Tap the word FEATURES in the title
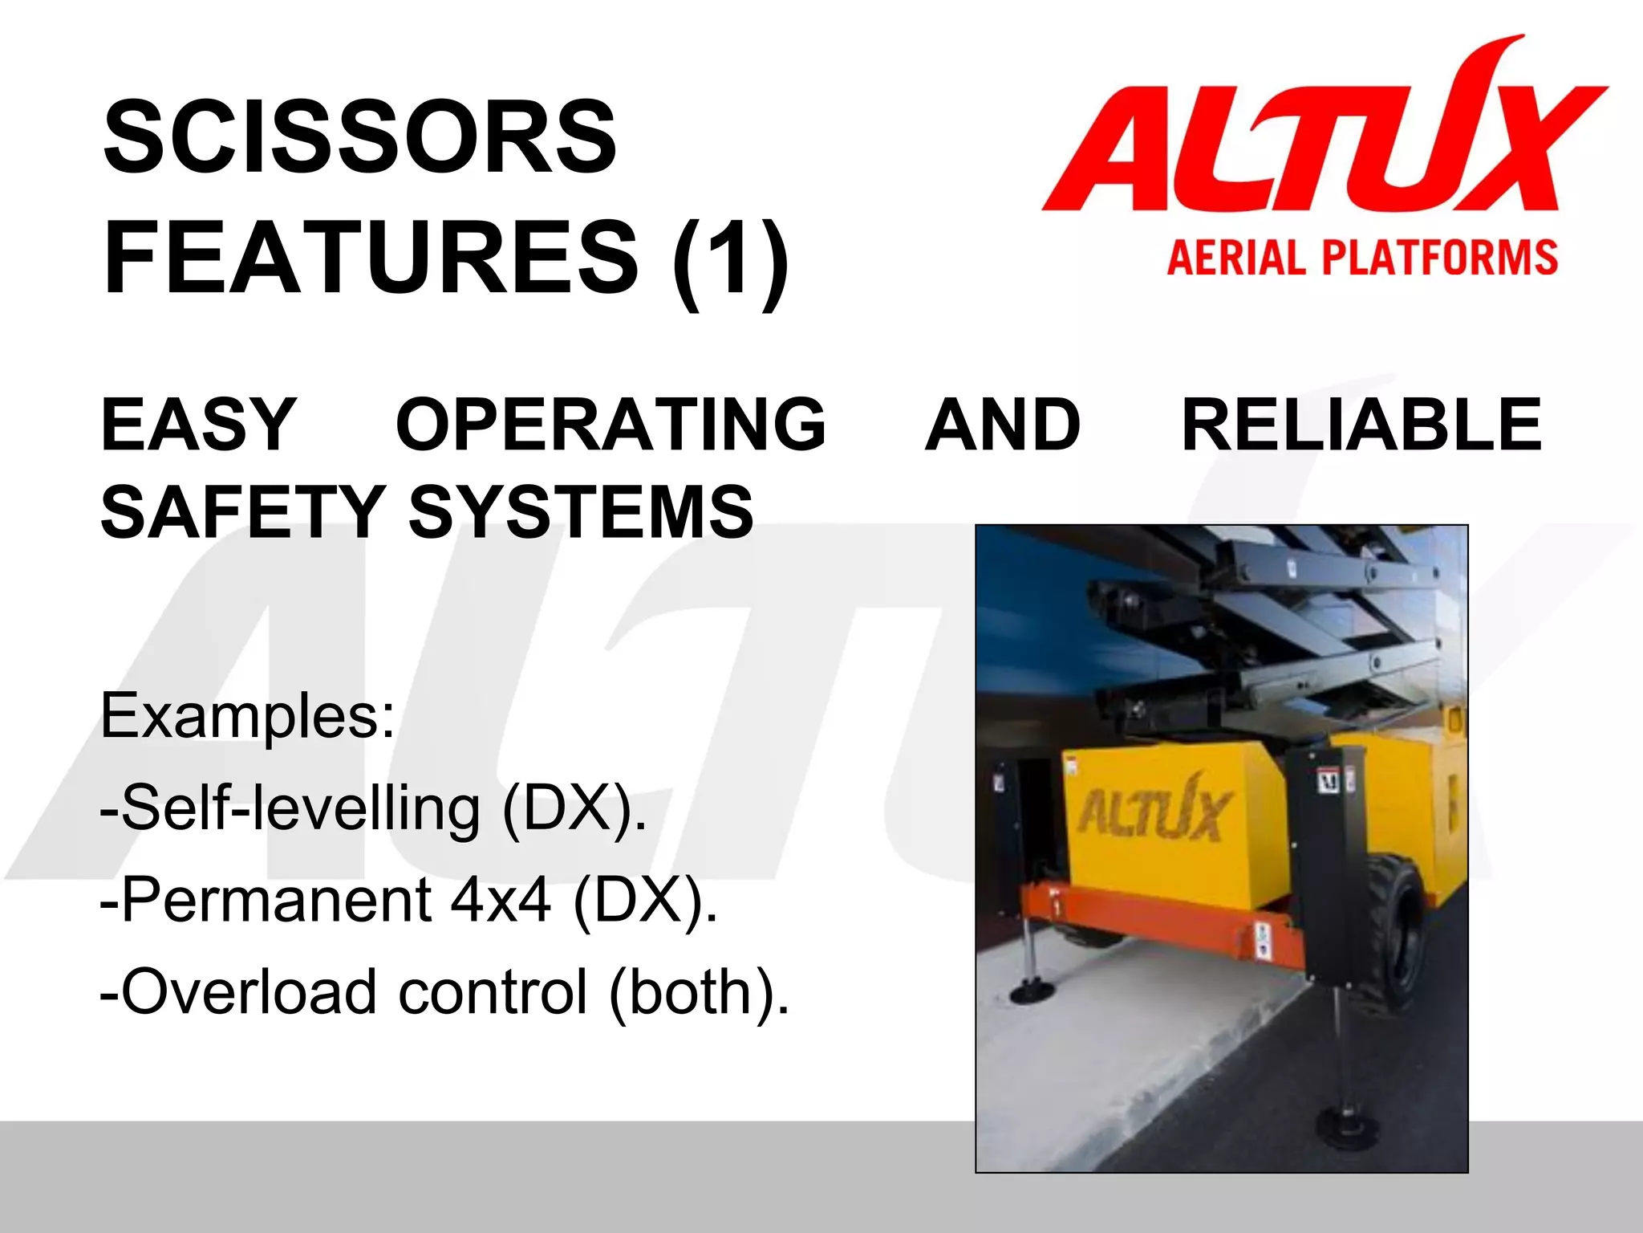[x=371, y=258]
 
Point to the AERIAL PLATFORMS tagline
[x=1361, y=258]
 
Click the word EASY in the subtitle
[x=198, y=424]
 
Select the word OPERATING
[x=611, y=424]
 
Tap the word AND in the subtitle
[x=1002, y=424]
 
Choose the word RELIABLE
[x=1361, y=424]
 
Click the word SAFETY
[x=242, y=511]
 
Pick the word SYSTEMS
[x=581, y=511]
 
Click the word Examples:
[x=247, y=716]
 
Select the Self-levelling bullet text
[x=373, y=808]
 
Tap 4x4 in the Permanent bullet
[x=501, y=900]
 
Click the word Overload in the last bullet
[x=249, y=992]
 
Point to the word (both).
[x=698, y=992]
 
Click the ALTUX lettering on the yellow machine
[x=1152, y=811]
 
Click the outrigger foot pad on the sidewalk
[x=1035, y=992]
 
